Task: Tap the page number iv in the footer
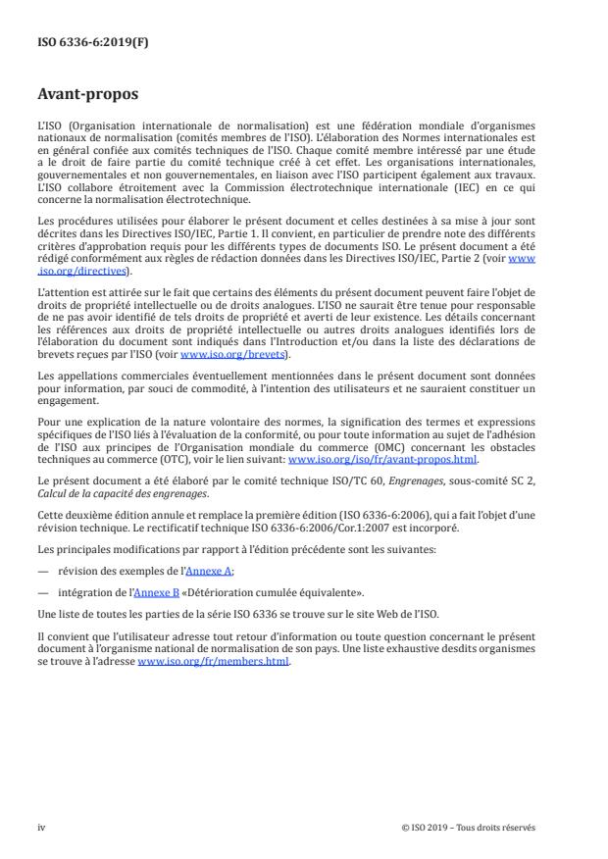coord(41,827)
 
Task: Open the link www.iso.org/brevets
coord(217,355)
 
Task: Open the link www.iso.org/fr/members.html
coord(214,661)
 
